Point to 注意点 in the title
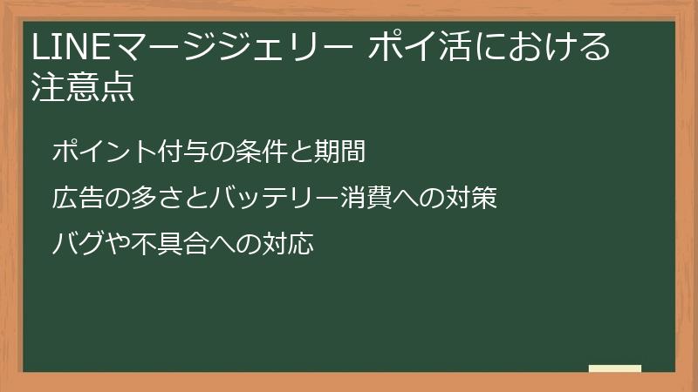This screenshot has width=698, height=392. click(x=84, y=88)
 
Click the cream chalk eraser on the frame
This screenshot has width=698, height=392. click(x=615, y=368)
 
